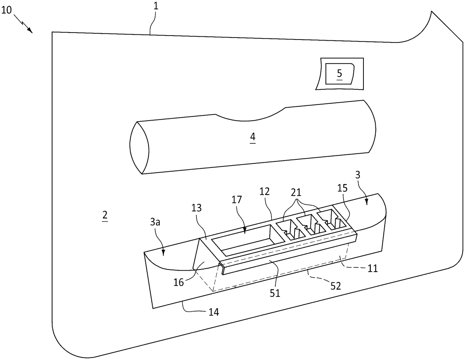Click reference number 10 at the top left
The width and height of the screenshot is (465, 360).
pos(7,10)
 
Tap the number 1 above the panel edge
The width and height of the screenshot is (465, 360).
pos(156,6)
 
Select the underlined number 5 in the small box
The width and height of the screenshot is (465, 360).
pos(339,73)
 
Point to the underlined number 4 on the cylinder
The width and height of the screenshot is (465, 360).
pos(253,136)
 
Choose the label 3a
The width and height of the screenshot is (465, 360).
pos(155,222)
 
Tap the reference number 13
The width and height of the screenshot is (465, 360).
pos(196,207)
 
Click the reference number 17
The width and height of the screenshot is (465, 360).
pos(237,200)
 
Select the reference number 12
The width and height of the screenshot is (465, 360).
pos(265,192)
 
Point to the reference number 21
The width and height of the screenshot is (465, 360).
pos(296,193)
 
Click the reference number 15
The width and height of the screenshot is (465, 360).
pos(343,188)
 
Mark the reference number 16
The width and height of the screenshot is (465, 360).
pos(179,283)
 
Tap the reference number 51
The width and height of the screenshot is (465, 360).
pos(275,293)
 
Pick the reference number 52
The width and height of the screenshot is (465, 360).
pos(336,286)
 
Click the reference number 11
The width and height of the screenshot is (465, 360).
pos(372,268)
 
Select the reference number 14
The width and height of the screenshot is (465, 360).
pos(214,312)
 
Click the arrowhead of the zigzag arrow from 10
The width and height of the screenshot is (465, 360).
pos(30,31)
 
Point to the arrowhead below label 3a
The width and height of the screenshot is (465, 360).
pos(164,253)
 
